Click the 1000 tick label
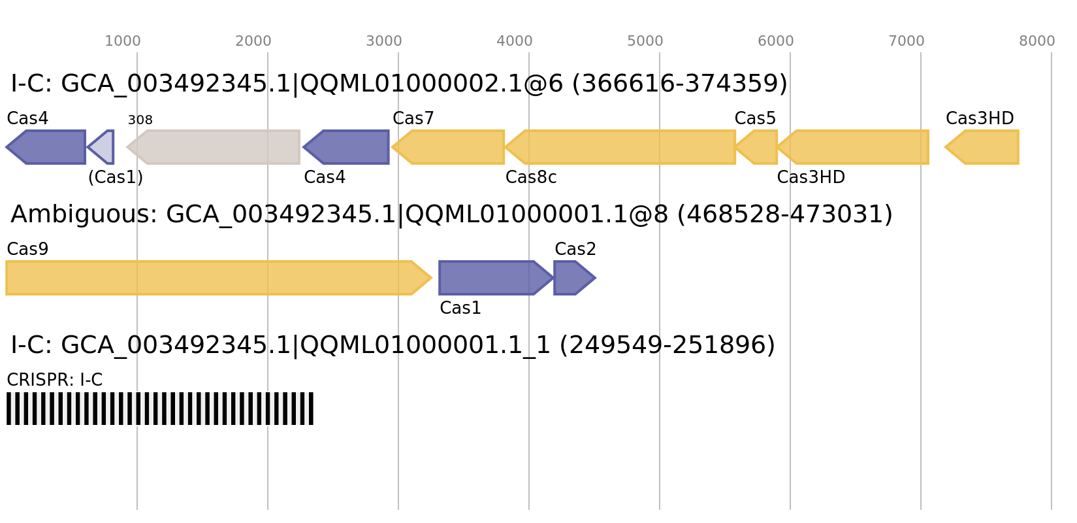coord(123,41)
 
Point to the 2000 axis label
coord(253,41)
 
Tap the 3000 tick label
coord(384,41)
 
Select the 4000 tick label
coord(515,41)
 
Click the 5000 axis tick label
coord(645,41)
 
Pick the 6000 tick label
coord(776,41)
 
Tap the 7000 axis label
coord(907,41)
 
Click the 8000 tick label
coord(1037,41)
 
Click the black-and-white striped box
coord(160,409)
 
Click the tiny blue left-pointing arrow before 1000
coord(103,147)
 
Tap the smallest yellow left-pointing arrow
coord(758,147)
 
